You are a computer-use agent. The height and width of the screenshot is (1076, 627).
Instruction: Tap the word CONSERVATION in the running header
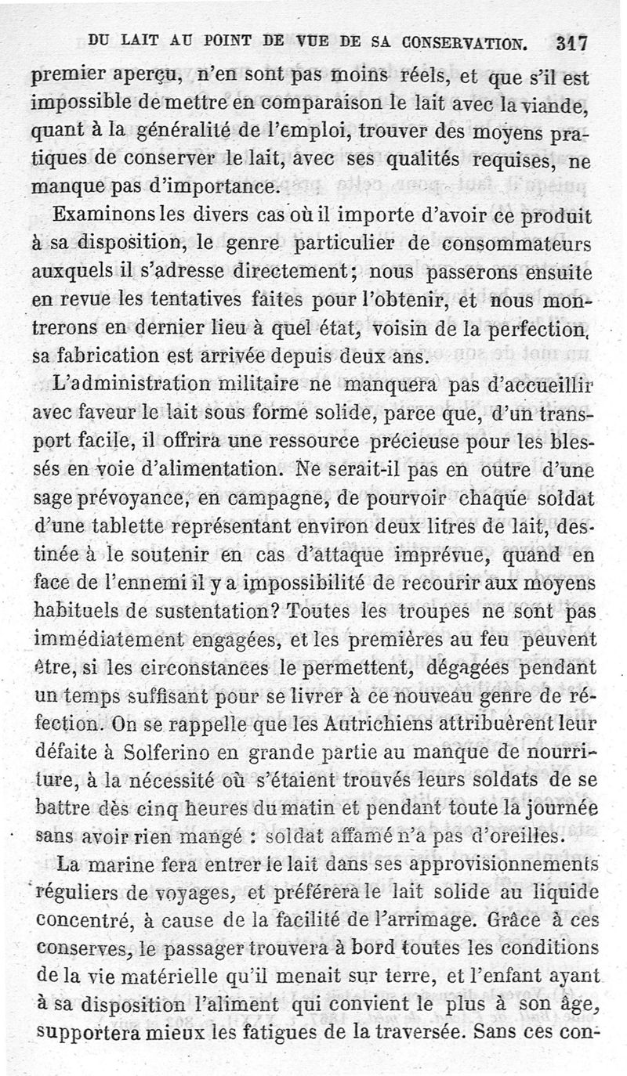pos(458,42)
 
